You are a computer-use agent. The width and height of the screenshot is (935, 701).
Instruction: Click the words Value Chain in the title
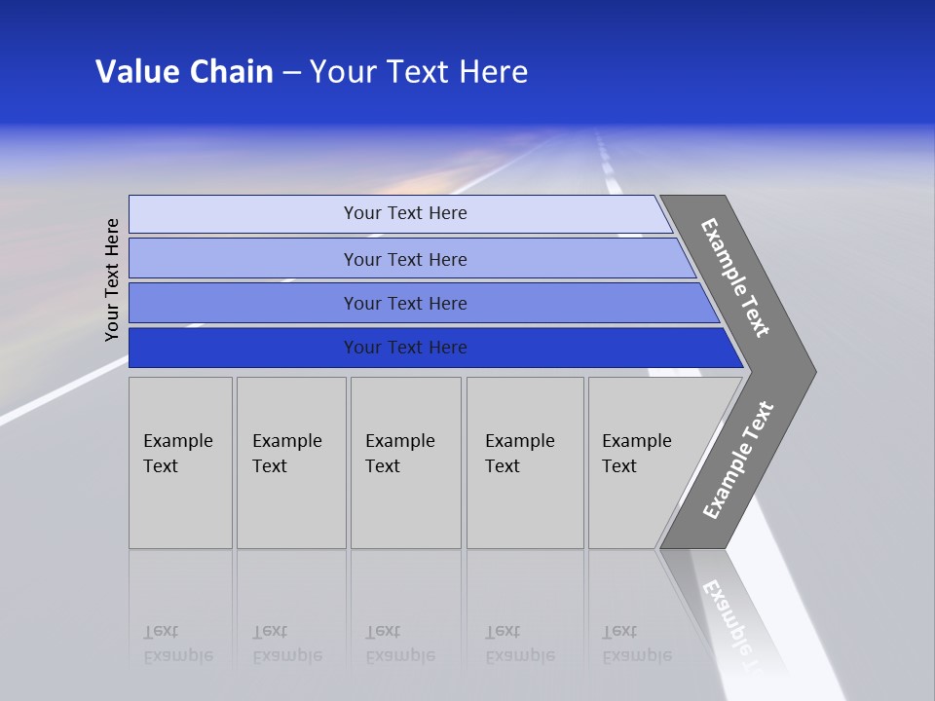click(x=184, y=72)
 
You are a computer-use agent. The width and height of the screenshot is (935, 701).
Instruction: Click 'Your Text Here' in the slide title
click(x=419, y=72)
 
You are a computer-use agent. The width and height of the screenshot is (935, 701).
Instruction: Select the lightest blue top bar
click(x=243, y=213)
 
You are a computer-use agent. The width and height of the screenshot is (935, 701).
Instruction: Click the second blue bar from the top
click(x=243, y=259)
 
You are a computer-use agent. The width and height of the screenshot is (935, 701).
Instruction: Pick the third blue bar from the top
click(x=243, y=303)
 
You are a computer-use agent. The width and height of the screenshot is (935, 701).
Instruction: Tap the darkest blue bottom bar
click(x=243, y=348)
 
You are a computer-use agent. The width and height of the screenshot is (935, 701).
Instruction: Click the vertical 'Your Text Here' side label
click(x=112, y=279)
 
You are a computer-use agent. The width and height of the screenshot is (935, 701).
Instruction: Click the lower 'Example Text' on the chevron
click(x=738, y=460)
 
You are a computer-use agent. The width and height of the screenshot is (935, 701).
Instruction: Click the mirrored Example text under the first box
click(x=177, y=644)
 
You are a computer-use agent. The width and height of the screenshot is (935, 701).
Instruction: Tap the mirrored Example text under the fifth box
click(x=636, y=644)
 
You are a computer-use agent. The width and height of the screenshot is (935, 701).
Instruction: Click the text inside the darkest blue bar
click(x=405, y=348)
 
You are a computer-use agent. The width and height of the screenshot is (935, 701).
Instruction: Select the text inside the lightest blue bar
click(x=405, y=213)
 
